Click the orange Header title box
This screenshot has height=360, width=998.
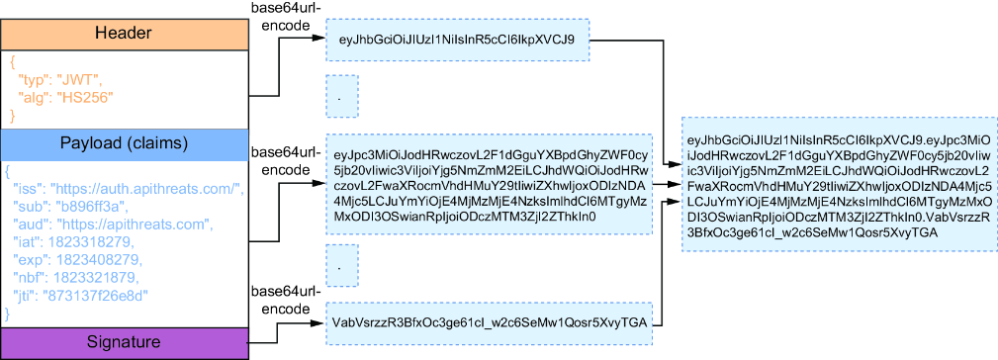point(124,35)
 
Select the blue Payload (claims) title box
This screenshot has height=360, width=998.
point(124,143)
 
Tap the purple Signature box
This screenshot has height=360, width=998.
point(124,343)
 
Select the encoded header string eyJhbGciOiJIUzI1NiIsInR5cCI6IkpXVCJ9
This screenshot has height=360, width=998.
point(458,41)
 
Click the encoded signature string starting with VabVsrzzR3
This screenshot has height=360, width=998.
point(491,323)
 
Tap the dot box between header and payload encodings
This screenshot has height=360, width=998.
point(342,96)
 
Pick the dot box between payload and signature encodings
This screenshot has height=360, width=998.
point(342,266)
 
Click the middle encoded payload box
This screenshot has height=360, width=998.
point(490,184)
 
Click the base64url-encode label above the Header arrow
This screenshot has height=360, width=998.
point(281,19)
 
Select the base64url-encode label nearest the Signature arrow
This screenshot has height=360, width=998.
point(281,300)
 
